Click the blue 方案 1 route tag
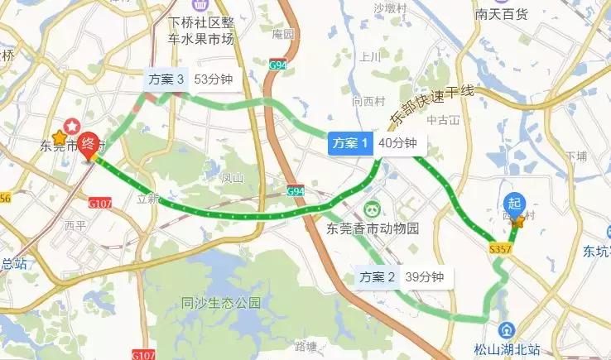349,143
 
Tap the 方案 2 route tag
376,278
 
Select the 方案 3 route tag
166,79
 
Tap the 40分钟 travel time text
396,143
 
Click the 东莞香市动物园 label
373,228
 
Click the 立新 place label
148,199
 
